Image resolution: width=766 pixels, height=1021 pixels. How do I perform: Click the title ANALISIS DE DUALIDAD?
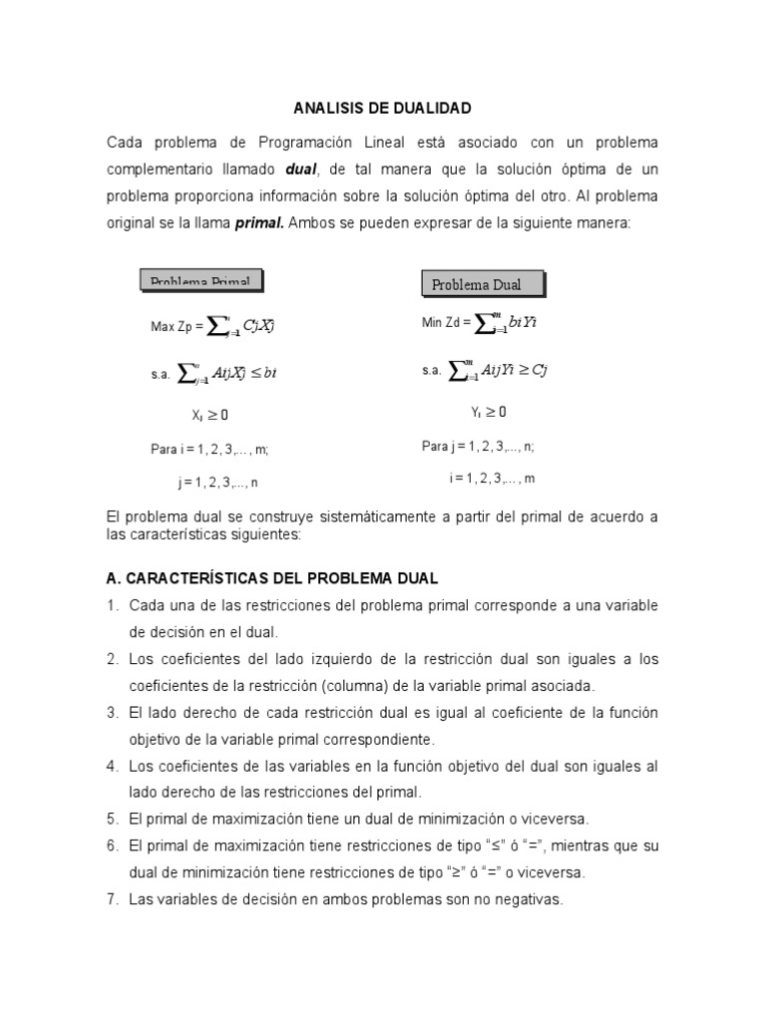pos(382,107)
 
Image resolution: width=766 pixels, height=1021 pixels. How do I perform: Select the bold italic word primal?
pos(259,223)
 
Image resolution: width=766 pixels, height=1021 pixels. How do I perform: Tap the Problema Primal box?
pos(200,280)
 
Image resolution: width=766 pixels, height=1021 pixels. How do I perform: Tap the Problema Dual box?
pos(484,284)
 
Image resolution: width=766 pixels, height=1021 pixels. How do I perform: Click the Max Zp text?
pos(176,326)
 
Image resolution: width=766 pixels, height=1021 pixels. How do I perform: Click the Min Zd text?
pos(446,323)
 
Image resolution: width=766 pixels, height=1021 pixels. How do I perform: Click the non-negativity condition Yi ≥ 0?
pos(488,411)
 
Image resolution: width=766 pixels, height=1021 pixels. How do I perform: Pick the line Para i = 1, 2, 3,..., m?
pos(209,450)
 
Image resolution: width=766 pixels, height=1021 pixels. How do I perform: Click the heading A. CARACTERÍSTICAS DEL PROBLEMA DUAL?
pos(271,579)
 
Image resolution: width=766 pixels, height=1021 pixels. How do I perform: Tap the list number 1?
pos(113,606)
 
